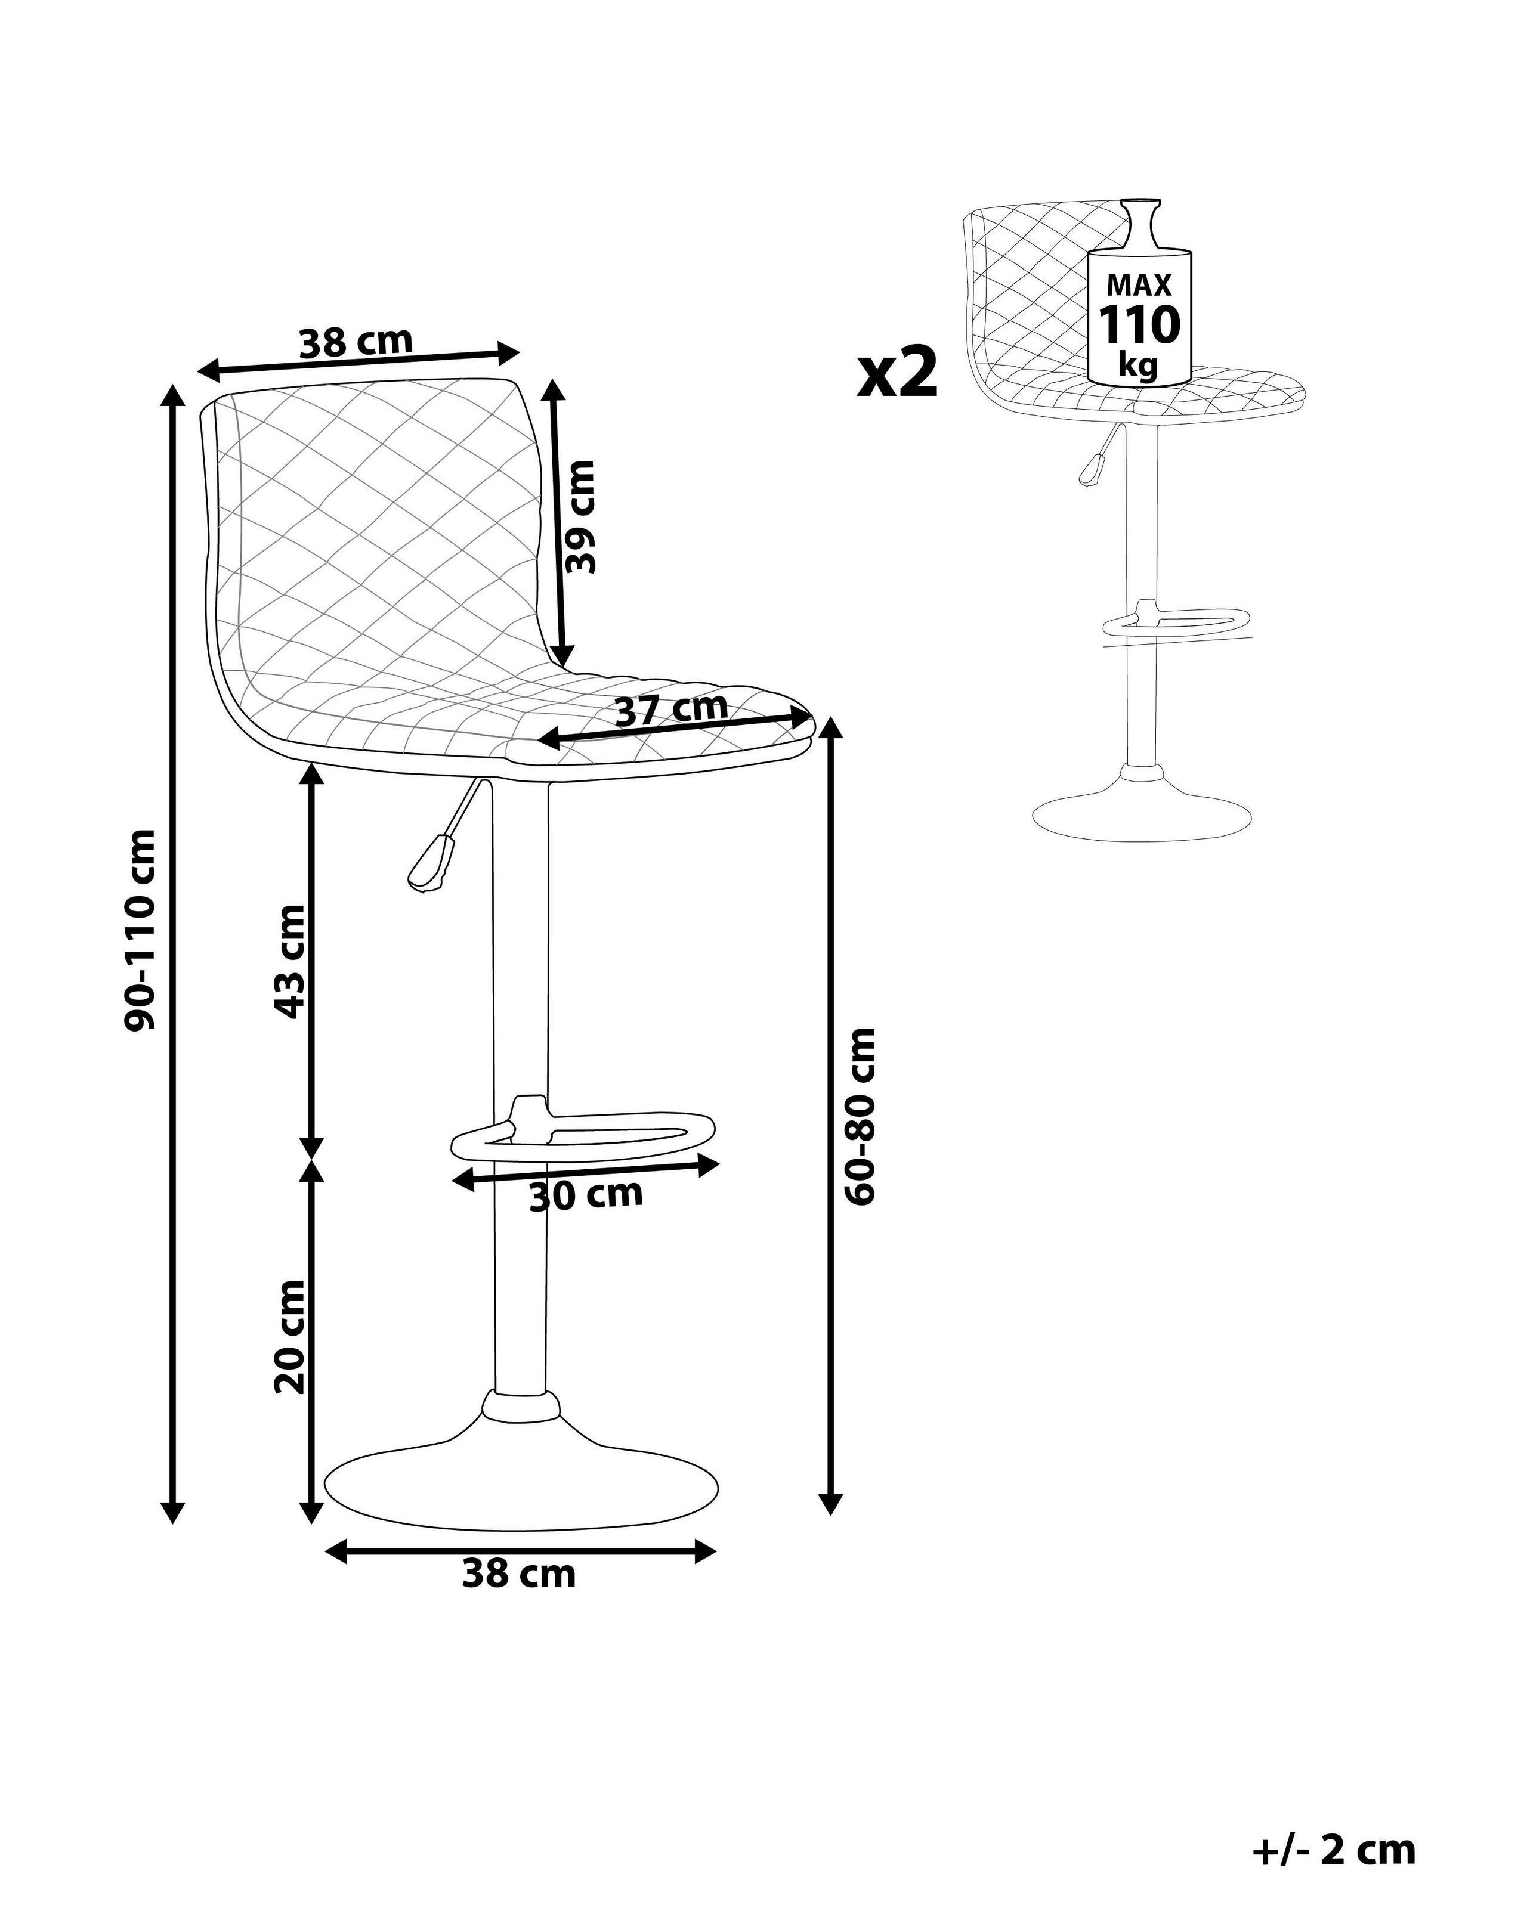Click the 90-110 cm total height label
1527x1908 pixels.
click(x=141, y=929)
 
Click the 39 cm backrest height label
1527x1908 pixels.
click(x=581, y=517)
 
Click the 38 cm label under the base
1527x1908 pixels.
click(x=519, y=1574)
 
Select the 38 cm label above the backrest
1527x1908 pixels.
click(x=356, y=342)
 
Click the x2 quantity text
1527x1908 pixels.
click(x=897, y=373)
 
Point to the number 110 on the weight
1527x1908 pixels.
click(x=1139, y=325)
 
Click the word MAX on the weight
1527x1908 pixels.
click(x=1139, y=285)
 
